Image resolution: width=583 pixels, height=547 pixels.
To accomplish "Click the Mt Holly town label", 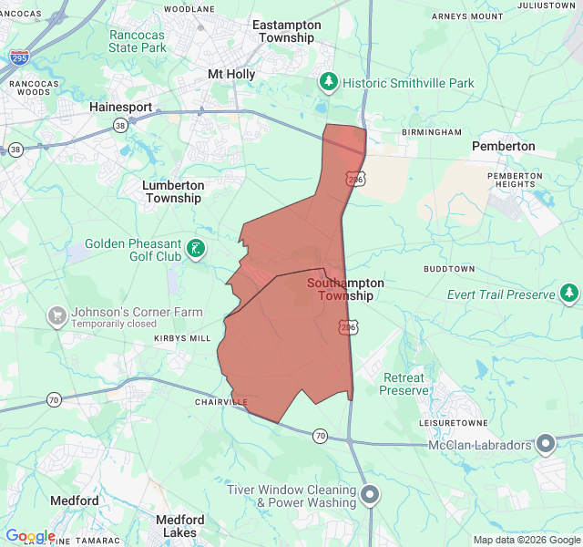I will tap(231, 74).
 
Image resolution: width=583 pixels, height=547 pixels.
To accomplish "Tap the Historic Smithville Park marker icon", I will tap(329, 83).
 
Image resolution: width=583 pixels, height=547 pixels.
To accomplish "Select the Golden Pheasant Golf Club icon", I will tap(196, 248).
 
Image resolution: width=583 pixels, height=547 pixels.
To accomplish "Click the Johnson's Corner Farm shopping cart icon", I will tap(57, 316).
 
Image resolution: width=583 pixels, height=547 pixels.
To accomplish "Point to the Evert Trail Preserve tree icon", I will tap(569, 294).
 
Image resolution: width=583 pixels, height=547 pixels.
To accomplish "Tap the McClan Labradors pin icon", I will tap(546, 444).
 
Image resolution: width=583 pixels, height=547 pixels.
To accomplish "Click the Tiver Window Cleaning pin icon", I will tap(371, 495).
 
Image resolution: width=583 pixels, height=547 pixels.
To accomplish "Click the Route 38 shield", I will tap(15, 150).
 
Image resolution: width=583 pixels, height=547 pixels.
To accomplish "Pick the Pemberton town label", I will tap(503, 146).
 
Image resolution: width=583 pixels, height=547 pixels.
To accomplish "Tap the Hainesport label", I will tap(121, 107).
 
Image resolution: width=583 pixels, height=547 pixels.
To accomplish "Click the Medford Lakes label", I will tap(179, 526).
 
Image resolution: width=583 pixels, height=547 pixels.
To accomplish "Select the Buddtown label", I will tap(449, 270).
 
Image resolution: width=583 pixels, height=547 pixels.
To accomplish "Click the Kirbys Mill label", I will tap(182, 337).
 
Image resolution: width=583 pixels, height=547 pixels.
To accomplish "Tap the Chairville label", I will tap(220, 401).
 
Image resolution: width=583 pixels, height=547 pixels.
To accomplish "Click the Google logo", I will tap(30, 536).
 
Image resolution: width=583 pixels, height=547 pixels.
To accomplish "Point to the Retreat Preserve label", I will tap(404, 384).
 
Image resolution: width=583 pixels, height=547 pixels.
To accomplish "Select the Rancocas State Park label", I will tap(138, 41).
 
